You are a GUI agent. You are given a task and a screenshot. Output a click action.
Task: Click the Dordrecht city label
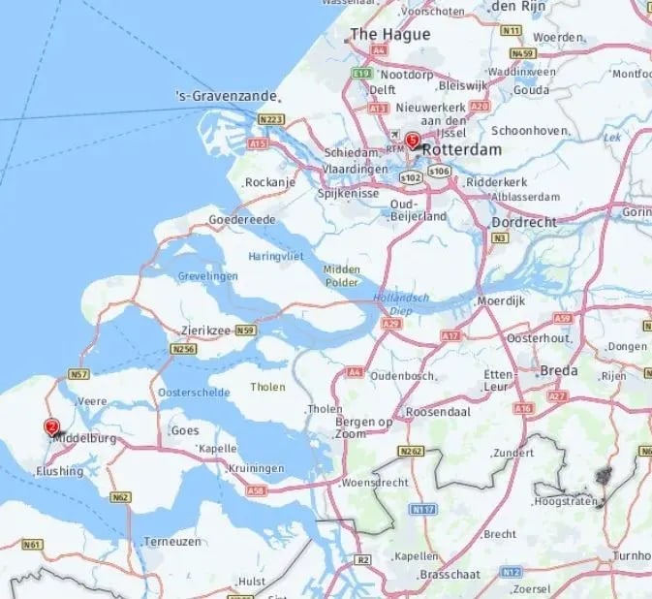pyautogui.click(x=523, y=222)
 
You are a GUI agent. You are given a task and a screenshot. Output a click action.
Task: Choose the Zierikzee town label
pyautogui.click(x=205, y=331)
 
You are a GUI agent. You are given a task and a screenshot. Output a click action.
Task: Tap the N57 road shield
pyautogui.click(x=79, y=374)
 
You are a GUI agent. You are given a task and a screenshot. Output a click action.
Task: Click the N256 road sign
pyautogui.click(x=183, y=348)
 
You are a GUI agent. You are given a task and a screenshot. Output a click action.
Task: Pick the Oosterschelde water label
pyautogui.click(x=195, y=393)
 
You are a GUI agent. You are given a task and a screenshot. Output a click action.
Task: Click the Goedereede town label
pyautogui.click(x=242, y=220)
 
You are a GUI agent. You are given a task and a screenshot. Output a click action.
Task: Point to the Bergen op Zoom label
pyautogui.click(x=364, y=427)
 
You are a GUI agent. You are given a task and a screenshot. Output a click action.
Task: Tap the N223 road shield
pyautogui.click(x=270, y=119)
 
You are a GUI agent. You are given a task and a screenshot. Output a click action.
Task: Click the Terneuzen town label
pyautogui.click(x=171, y=541)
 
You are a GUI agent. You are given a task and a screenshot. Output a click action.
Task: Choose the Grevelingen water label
pyautogui.click(x=207, y=276)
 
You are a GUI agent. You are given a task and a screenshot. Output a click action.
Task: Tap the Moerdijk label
pyautogui.click(x=501, y=301)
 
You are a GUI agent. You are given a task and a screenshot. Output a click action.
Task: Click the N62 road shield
pyautogui.click(x=121, y=497)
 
